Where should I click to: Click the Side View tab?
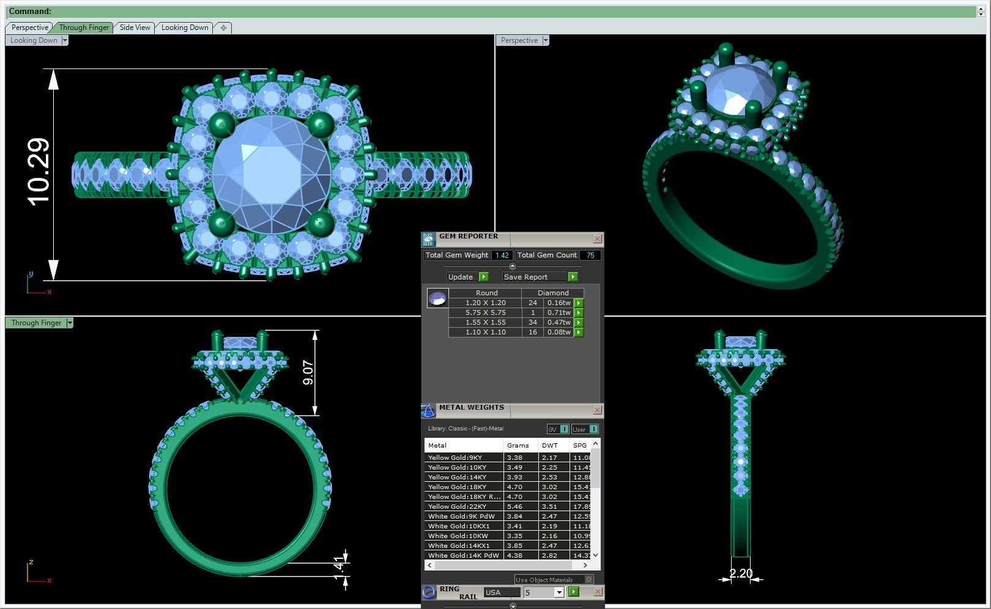point(135,28)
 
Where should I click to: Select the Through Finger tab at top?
point(84,28)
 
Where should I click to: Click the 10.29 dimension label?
point(39,172)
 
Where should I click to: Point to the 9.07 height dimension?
point(308,372)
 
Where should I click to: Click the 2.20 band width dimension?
point(741,574)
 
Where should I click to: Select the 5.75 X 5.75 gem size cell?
point(485,312)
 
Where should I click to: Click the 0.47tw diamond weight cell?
point(559,322)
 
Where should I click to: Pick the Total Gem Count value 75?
point(590,256)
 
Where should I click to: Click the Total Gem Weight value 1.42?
point(502,256)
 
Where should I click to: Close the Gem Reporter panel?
point(598,239)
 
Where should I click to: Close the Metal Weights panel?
point(598,410)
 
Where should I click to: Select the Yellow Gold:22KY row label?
point(458,506)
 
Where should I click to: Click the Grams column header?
point(518,445)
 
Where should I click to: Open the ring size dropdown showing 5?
point(559,592)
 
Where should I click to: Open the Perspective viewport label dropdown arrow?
point(546,40)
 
